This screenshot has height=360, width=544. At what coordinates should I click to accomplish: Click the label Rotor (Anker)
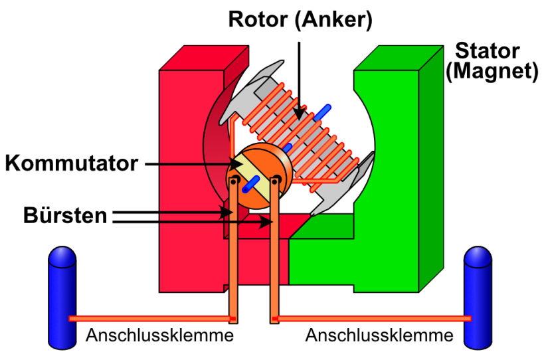pos(300,19)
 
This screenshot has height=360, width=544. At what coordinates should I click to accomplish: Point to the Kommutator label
pos(72,163)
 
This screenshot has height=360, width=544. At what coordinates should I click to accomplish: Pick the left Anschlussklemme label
pos(159,335)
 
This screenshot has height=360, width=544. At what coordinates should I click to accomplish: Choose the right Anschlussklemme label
pos(379,335)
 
